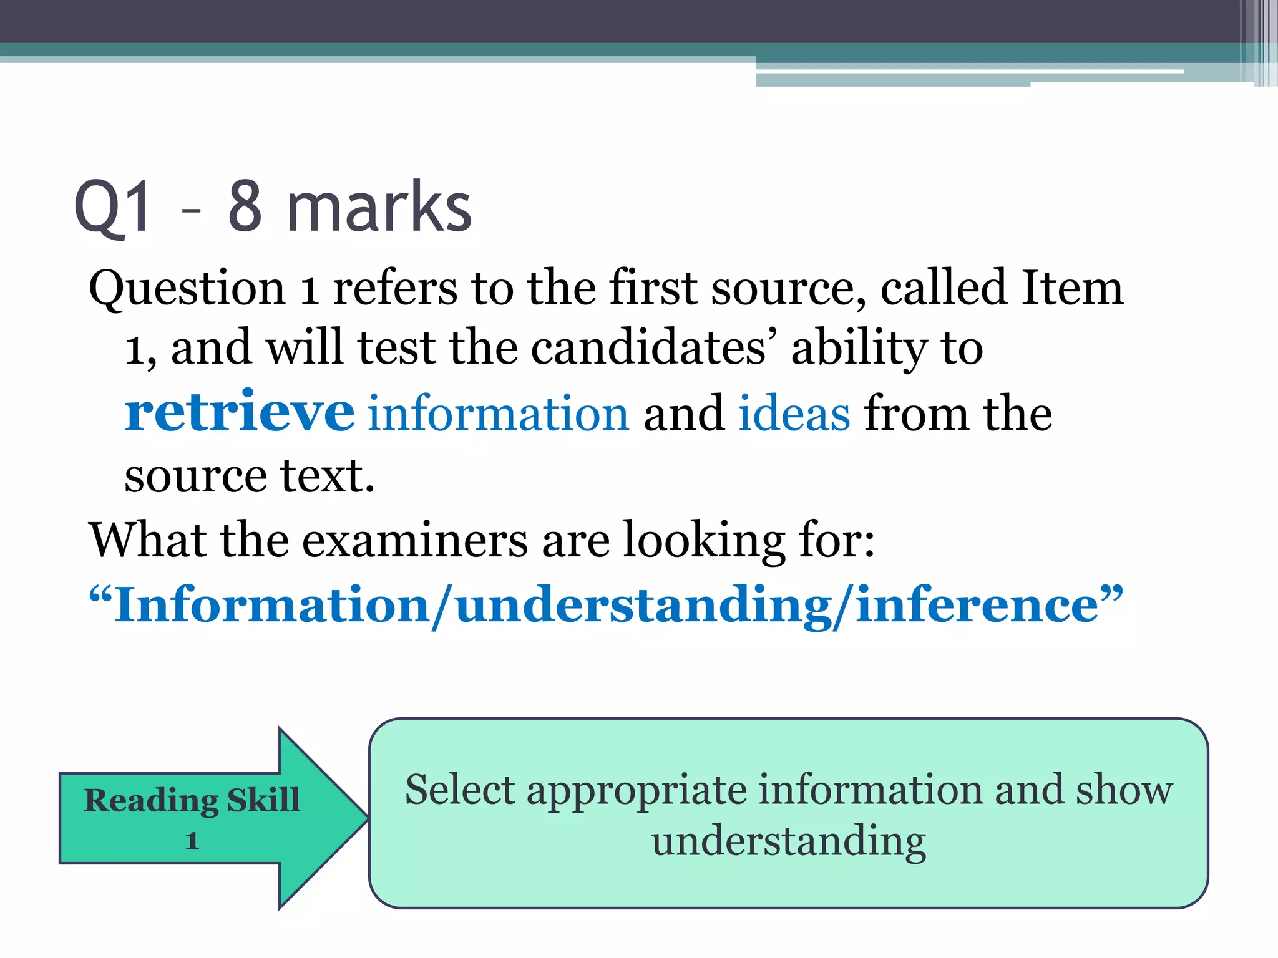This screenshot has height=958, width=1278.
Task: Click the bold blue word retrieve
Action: [x=240, y=413]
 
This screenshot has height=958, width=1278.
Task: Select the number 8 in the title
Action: [x=245, y=207]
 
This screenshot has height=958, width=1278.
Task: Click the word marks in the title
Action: [x=379, y=207]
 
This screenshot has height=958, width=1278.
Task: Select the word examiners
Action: [x=415, y=540]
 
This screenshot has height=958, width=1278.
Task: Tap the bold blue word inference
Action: [x=977, y=605]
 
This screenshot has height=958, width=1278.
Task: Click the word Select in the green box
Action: [x=460, y=790]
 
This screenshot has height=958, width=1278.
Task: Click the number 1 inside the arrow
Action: [x=192, y=841]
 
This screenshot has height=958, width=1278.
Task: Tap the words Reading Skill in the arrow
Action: [x=192, y=800]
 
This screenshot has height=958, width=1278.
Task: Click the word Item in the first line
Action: [x=1071, y=288]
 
